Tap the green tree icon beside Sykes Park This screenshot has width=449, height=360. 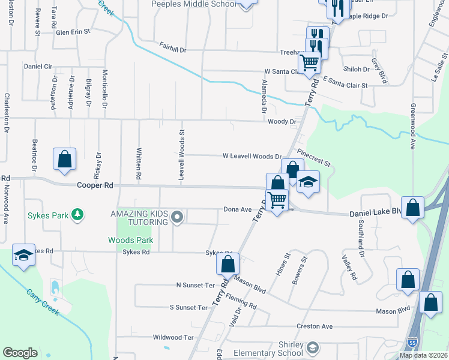click(77, 214)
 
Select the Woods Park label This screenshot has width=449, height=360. click(130, 240)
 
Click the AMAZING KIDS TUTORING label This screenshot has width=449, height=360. click(138, 218)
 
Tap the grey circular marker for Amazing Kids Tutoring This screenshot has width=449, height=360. click(176, 217)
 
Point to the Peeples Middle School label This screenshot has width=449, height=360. click(193, 4)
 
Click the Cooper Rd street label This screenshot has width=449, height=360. click(95, 186)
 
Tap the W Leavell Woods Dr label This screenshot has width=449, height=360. click(252, 156)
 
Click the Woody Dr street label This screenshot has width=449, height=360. click(282, 122)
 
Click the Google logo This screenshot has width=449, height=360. click(20, 353)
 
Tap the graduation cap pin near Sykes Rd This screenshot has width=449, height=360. click(23, 256)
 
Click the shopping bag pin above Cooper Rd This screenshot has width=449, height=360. click(65, 160)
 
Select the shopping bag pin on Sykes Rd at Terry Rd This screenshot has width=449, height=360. click(228, 263)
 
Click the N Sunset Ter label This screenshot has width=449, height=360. click(195, 284)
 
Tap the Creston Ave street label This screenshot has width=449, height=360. click(315, 326)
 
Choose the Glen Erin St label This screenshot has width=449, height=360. click(73, 32)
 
